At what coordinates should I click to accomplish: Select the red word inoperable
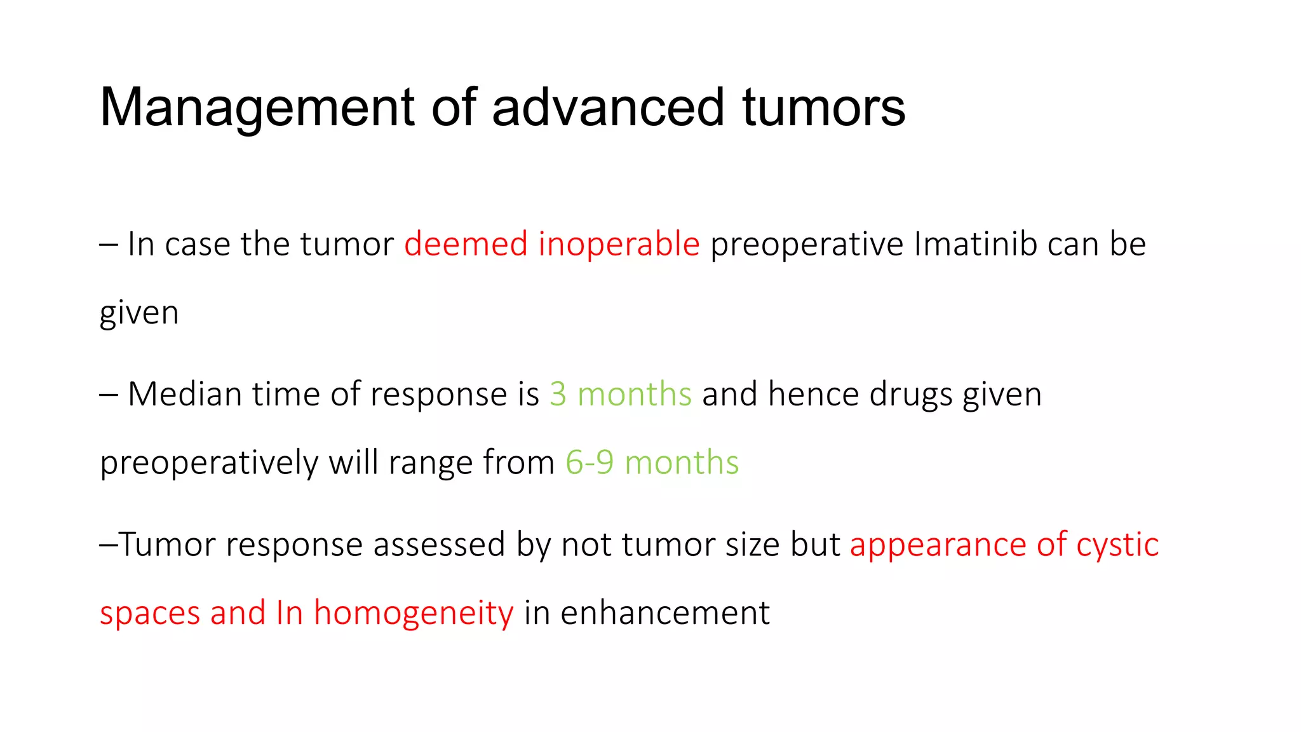[x=619, y=245]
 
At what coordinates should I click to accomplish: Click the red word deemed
[x=466, y=245]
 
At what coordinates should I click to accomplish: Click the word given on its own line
[x=139, y=313]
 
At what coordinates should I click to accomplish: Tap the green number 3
[x=558, y=395]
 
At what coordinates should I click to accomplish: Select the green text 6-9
[x=590, y=463]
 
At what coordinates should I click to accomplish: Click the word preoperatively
[x=209, y=463]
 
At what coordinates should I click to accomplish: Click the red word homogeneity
[x=414, y=614]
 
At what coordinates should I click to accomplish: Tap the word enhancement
[x=665, y=614]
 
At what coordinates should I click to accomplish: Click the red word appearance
[x=938, y=545]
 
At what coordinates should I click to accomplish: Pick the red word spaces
[x=150, y=614]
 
